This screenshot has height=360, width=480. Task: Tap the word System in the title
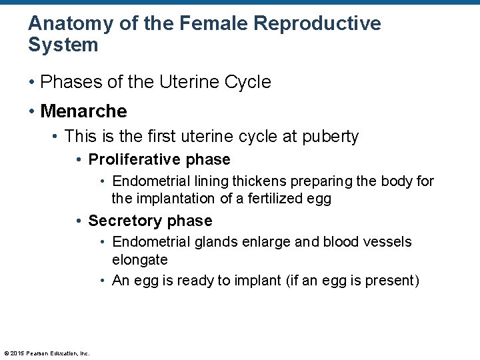pyautogui.click(x=63, y=45)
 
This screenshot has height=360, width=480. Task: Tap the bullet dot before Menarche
pyautogui.click(x=32, y=110)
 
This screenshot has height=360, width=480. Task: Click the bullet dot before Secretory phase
pyautogui.click(x=79, y=221)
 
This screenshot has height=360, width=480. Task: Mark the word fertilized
pyautogui.click(x=267, y=198)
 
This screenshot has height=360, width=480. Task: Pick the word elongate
pyautogui.click(x=139, y=259)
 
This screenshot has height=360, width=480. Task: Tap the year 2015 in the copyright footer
pyautogui.click(x=19, y=353)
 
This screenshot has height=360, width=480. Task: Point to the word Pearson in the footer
pyautogui.click(x=37, y=353)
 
